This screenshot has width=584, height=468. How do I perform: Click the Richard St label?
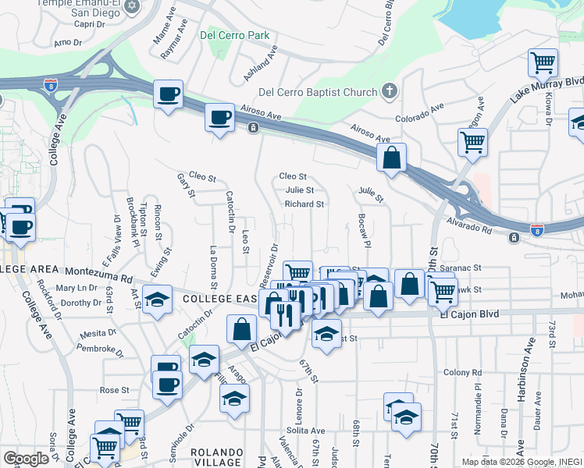click(x=304, y=204)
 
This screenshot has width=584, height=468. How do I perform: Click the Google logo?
click(x=25, y=459)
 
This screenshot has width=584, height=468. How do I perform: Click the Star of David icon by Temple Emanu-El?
click(x=131, y=6)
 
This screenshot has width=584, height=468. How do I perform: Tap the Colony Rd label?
click(x=460, y=372)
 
